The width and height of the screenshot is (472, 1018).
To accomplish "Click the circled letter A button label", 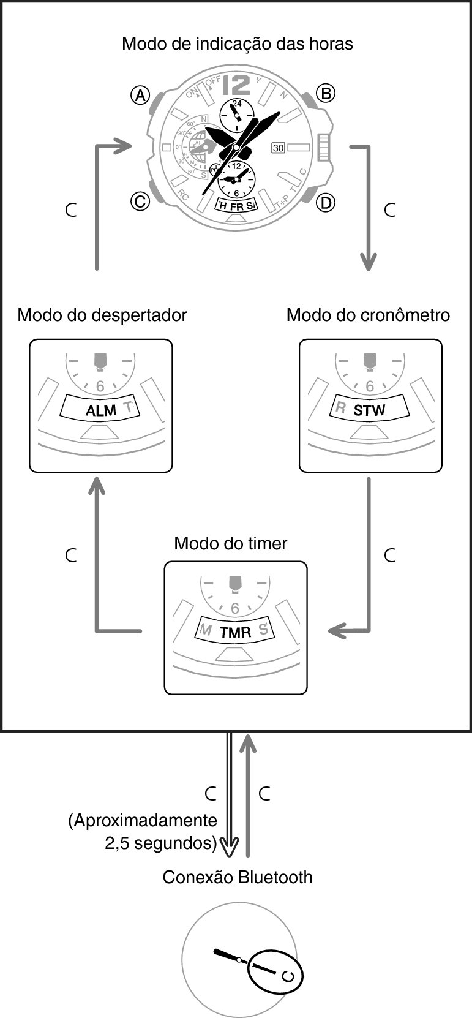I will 141,95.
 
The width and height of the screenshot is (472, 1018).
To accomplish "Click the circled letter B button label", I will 325,93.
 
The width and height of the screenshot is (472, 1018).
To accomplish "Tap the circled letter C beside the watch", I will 140,201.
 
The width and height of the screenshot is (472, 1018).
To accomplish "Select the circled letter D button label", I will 326,202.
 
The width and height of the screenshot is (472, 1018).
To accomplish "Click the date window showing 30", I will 279,148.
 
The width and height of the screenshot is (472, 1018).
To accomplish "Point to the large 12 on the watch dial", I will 238,84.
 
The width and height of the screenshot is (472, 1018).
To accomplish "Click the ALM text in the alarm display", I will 100,410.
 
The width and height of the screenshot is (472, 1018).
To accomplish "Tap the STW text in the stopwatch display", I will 369,410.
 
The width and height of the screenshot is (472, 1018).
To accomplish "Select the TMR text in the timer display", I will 236,633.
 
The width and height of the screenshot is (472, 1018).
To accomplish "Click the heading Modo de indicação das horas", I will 237,44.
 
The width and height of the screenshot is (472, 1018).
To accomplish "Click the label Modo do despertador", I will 102,315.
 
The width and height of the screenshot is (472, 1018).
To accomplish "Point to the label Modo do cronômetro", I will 368,315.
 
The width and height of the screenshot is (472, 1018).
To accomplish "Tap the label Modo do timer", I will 230,543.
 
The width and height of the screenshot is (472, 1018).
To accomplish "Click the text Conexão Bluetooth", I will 238,877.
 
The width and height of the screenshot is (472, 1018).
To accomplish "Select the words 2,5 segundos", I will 161,843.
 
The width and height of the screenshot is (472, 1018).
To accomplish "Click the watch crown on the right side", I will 324,148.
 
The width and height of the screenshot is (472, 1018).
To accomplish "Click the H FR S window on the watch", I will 236,206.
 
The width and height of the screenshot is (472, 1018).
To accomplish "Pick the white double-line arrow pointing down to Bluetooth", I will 230,796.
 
